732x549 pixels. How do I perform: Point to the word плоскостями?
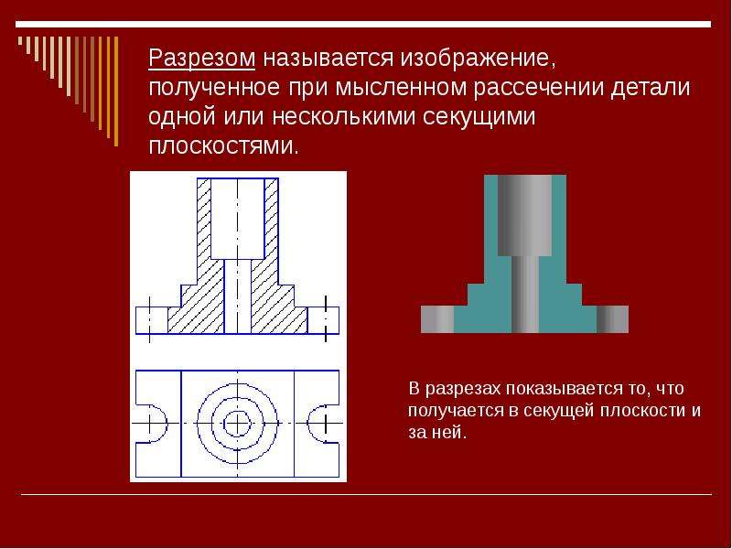point(223,146)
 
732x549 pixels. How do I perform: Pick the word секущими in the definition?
point(479,118)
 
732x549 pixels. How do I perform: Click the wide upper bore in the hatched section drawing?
point(238,219)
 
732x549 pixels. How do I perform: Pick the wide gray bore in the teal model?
point(524,215)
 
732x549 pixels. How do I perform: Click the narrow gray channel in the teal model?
point(525,294)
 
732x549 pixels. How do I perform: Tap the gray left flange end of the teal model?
point(437,319)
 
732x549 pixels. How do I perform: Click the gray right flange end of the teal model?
point(612,319)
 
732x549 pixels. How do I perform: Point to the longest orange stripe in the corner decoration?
point(116,91)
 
